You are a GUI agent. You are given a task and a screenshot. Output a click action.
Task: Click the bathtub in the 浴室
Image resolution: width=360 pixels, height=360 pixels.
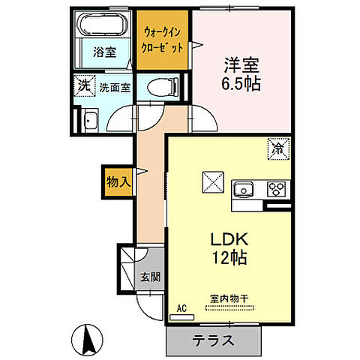coord(105,25)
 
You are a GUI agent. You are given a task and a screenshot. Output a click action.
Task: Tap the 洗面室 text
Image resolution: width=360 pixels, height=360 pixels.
coord(114,87)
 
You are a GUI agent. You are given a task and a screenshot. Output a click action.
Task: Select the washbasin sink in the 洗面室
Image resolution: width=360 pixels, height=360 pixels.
coord(90,119)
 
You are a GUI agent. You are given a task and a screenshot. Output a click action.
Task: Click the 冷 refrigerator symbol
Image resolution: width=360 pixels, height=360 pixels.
coord(277,149)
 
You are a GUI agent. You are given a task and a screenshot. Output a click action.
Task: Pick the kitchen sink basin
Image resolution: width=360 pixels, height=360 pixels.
coord(243,188)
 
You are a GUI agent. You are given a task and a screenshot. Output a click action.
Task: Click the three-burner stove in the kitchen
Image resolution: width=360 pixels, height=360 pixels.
coord(275,189)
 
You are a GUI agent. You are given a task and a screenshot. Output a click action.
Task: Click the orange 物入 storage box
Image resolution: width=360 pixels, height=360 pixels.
coord(118,182)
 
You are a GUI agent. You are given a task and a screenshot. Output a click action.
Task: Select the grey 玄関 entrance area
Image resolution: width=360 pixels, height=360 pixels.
coord(148,275)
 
